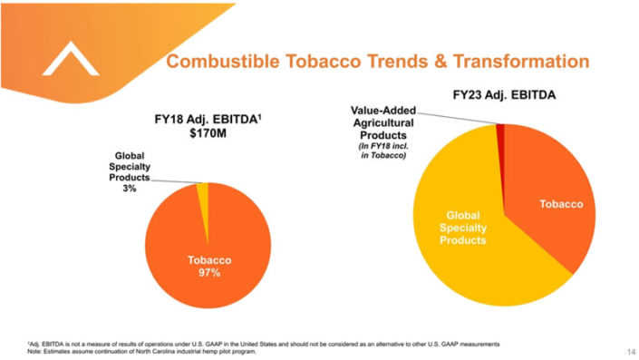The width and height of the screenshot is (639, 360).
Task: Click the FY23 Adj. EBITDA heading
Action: pyautogui.click(x=505, y=93)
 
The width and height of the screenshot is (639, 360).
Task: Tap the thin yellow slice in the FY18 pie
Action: pyautogui.click(x=203, y=189)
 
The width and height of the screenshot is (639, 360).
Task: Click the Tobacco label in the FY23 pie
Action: pyautogui.click(x=561, y=204)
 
